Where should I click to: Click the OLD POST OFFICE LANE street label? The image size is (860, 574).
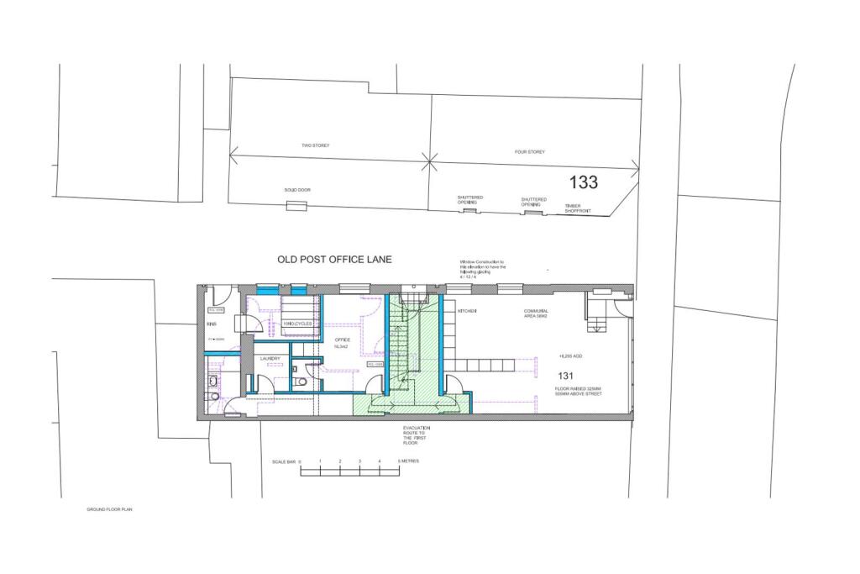[x=335, y=260]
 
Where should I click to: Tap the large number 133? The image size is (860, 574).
[x=584, y=182]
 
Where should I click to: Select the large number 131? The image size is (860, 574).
[x=566, y=376]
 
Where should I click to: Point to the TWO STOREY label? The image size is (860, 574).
[x=316, y=145]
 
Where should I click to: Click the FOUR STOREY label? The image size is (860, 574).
[x=530, y=152]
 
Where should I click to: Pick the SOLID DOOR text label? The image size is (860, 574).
[x=297, y=190]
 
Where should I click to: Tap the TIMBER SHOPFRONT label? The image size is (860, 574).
[x=578, y=208]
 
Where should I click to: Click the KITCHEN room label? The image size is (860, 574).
[x=467, y=311]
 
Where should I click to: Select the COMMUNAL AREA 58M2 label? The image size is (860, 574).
[x=536, y=313]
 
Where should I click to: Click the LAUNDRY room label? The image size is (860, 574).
[x=270, y=358]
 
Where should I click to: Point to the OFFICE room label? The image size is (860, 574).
[x=341, y=340]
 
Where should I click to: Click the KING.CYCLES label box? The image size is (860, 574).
[x=298, y=323]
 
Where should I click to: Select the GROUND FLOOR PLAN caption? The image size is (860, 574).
[x=110, y=509]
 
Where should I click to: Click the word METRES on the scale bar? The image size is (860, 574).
[x=409, y=461]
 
